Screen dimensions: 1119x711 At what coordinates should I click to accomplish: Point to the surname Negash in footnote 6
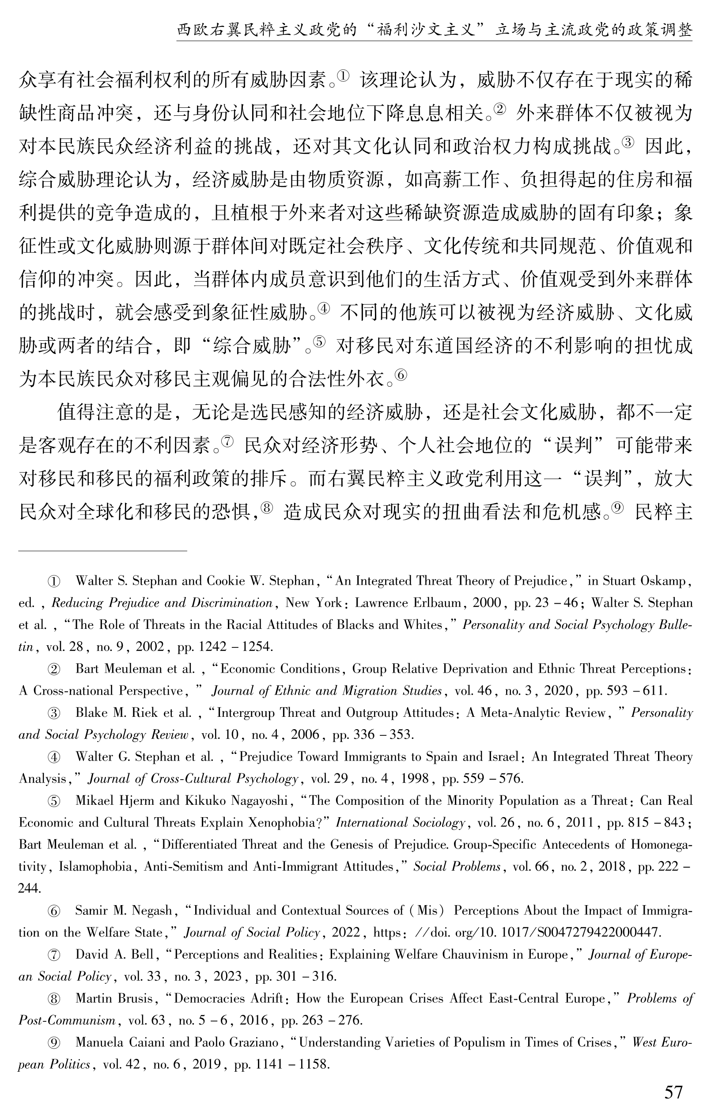coord(150,910)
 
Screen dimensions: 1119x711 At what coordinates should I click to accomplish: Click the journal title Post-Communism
coord(67,1020)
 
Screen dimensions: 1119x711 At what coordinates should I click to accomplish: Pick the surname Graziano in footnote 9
coord(250,1043)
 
